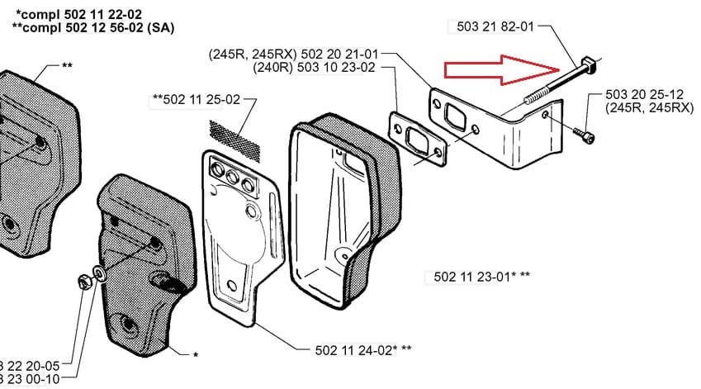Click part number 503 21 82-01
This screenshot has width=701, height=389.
click(495, 26)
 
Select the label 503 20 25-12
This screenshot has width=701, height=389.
click(647, 95)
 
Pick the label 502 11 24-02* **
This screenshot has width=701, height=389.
click(363, 349)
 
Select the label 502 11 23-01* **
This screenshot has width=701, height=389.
click(482, 276)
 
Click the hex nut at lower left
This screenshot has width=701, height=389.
click(86, 281)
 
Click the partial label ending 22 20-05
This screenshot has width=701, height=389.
click(30, 364)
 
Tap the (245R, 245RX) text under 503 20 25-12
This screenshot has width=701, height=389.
click(648, 108)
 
